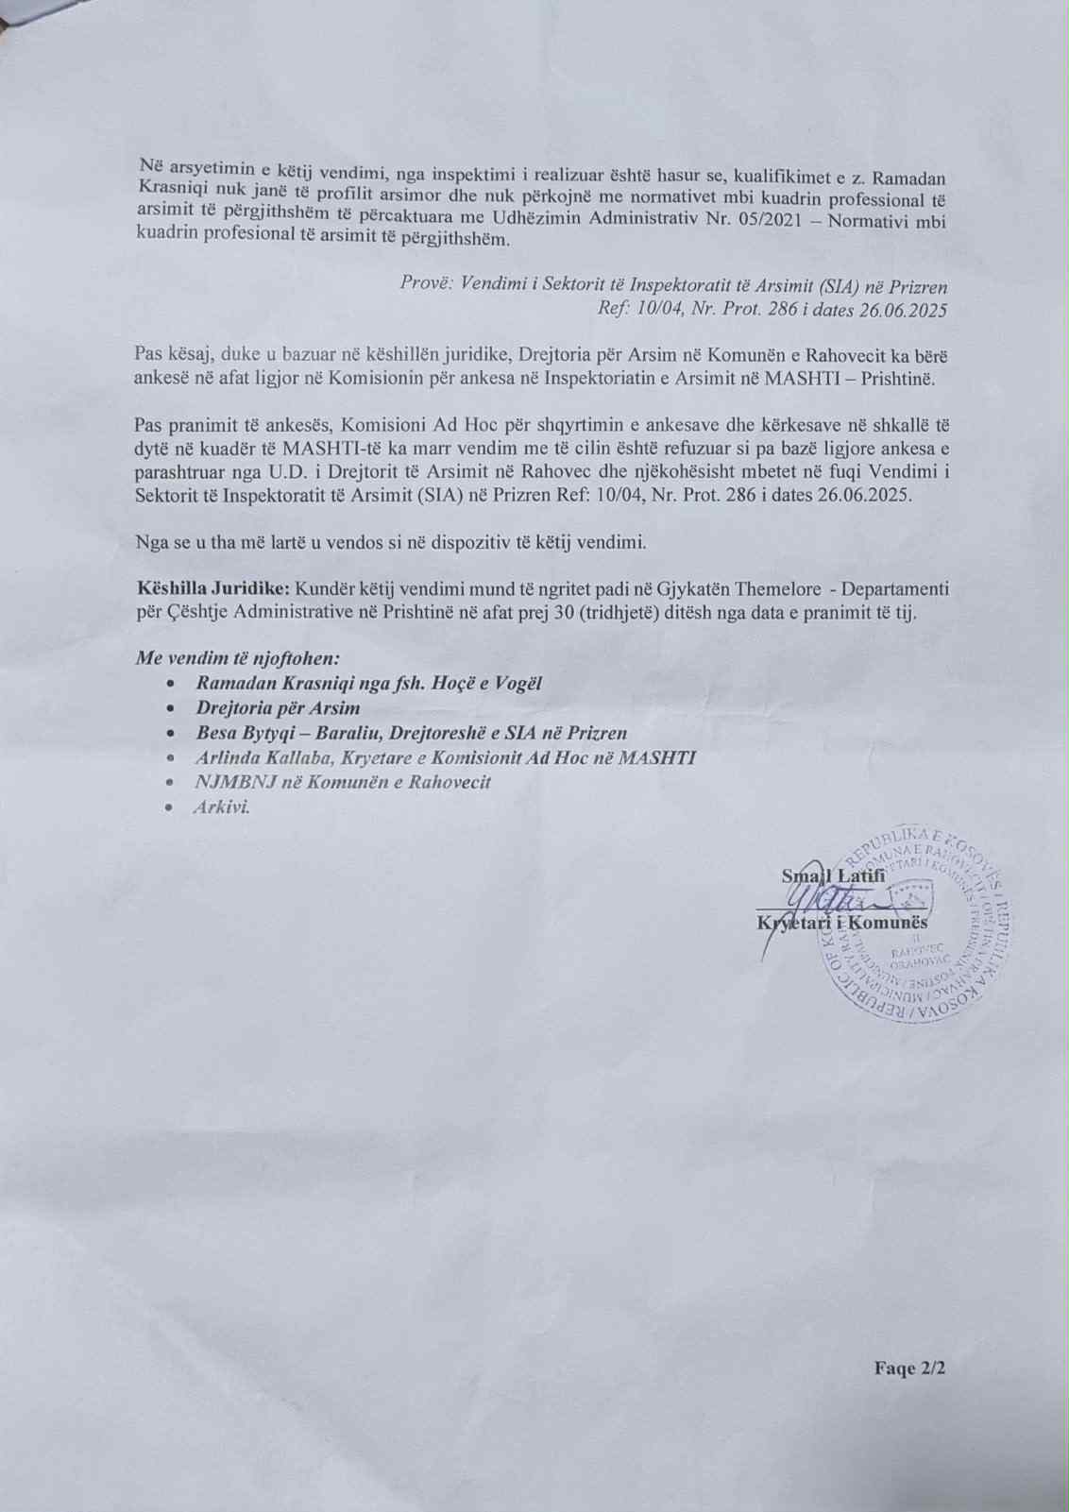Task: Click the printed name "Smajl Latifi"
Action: [833, 875]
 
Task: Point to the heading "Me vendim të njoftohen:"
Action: [237, 658]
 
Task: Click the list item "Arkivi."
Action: [221, 807]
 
